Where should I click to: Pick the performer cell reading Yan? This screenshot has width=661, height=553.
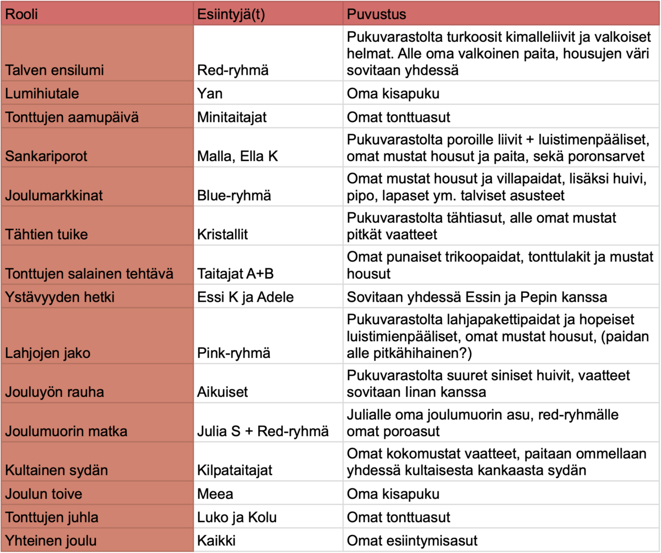point(209,93)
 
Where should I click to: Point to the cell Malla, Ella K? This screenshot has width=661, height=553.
point(238,156)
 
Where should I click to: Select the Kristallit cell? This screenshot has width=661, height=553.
point(223,234)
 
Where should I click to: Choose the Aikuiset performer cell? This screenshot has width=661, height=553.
point(222,392)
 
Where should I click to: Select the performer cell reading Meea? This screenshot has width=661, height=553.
point(212,493)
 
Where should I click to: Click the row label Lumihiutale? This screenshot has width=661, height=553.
point(42,93)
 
